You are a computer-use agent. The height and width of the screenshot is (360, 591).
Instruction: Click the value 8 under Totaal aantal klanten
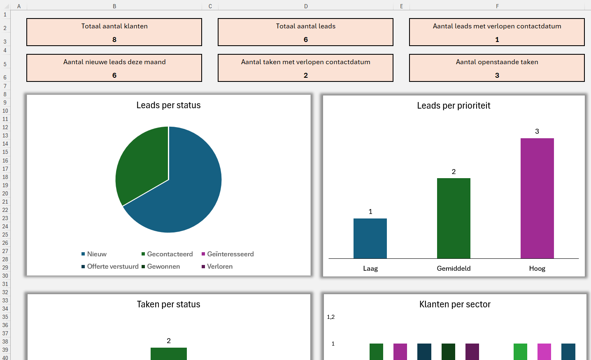[114, 39]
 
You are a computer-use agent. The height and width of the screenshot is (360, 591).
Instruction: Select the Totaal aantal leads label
[305, 26]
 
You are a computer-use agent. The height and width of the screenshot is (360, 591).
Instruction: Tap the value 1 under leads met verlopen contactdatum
[497, 39]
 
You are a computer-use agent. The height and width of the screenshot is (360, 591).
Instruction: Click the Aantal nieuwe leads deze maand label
[114, 62]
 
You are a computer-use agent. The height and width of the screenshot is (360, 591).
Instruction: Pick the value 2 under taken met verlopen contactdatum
[305, 75]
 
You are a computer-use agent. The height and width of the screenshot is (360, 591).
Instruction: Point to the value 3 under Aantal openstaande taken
[497, 75]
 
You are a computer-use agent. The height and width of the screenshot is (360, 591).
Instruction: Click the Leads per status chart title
[168, 105]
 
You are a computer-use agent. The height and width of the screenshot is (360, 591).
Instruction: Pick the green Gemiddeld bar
[454, 218]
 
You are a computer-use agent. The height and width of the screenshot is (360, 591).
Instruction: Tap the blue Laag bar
[370, 238]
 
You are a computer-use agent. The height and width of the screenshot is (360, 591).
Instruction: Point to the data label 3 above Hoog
[537, 132]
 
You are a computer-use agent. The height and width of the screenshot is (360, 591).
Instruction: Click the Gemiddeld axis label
[454, 269]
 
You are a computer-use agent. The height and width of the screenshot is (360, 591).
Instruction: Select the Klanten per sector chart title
[455, 304]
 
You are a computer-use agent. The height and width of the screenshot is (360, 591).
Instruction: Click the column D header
[306, 6]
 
